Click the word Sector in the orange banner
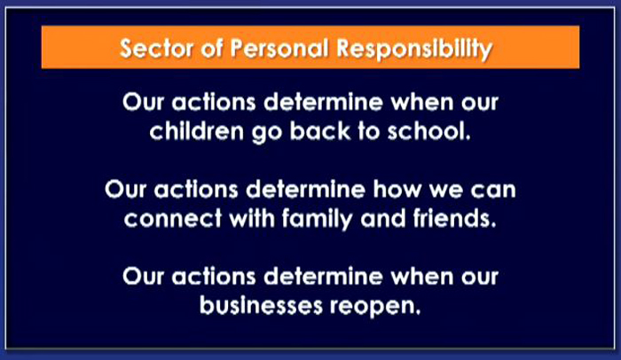[x=156, y=48]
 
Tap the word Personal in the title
[x=279, y=48]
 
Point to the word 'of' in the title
[x=211, y=48]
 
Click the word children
[x=196, y=130]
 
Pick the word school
[x=429, y=130]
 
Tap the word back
[x=320, y=130]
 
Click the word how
[x=397, y=189]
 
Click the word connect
[x=173, y=219]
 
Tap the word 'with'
[x=251, y=218]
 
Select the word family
[x=317, y=219]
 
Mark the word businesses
[x=261, y=305]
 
